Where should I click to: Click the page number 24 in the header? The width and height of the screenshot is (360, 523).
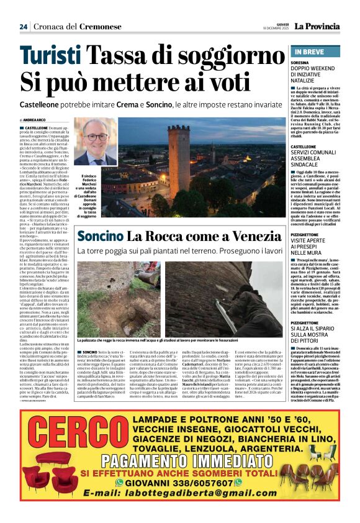pos(24,27)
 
